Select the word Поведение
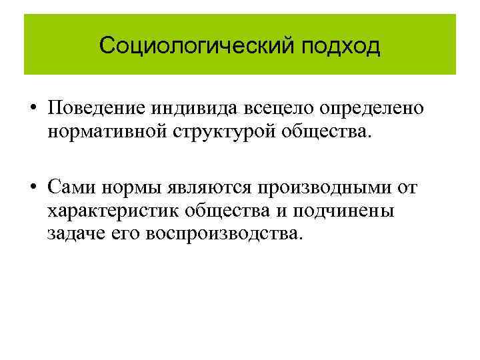coord(97,108)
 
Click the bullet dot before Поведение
coord(32,109)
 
